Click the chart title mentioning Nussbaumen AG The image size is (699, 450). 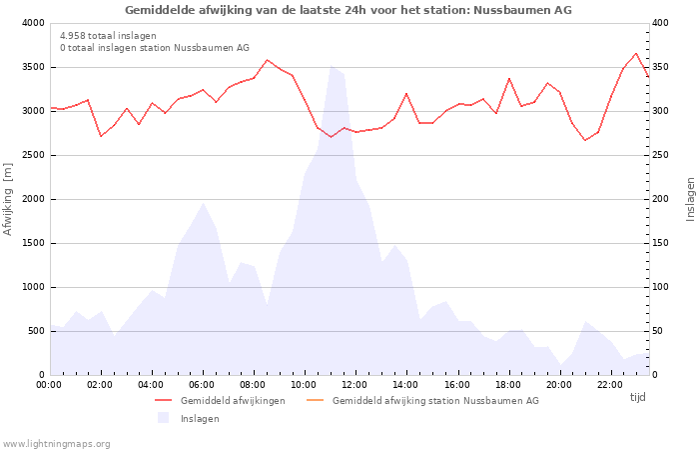click(349, 10)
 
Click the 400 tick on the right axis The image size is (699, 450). click(662, 23)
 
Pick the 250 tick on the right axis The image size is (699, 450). click(662, 155)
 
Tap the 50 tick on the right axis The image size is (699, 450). click(659, 331)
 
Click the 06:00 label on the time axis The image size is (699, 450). click(202, 384)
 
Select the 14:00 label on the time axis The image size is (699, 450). click(405, 384)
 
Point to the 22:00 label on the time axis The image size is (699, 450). click(609, 384)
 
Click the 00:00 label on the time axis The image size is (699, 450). click(49, 384)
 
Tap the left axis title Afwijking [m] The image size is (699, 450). click(9, 199)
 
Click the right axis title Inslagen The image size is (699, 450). click(689, 199)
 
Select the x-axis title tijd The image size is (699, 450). click(637, 397)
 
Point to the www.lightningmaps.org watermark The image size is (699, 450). click(56, 443)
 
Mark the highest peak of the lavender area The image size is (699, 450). click(331, 66)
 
